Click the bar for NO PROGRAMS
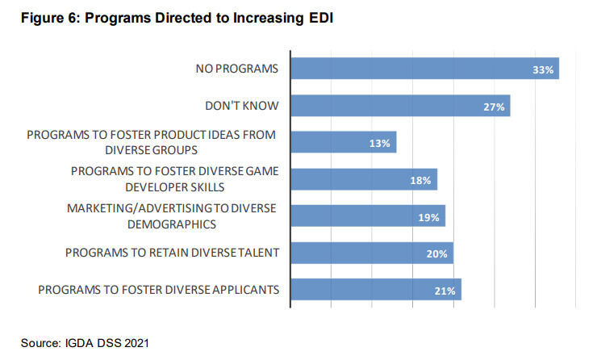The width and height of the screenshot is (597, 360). (x=424, y=69)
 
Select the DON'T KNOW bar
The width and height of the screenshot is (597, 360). (x=400, y=106)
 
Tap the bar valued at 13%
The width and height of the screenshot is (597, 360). (x=343, y=142)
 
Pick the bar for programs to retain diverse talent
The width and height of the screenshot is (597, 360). (x=371, y=253)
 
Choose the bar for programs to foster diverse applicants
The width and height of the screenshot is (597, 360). (x=375, y=289)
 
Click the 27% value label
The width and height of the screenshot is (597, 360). (x=494, y=107)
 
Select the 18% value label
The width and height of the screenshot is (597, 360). (x=420, y=181)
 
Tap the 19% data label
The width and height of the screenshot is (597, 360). (x=428, y=217)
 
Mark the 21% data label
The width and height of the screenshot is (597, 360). (x=445, y=291)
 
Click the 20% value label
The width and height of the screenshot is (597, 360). (x=436, y=254)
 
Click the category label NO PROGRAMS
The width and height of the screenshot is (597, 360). (x=237, y=69)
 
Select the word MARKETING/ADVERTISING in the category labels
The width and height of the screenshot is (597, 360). (x=123, y=208)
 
